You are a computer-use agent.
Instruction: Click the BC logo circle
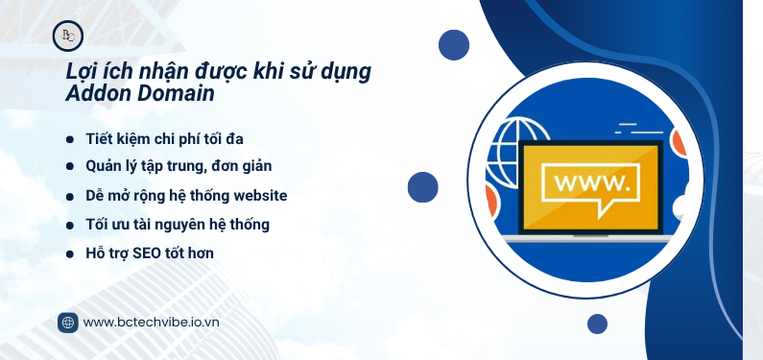click(x=68, y=36)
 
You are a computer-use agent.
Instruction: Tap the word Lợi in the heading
click(x=83, y=72)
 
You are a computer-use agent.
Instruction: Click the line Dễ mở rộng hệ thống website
click(x=185, y=196)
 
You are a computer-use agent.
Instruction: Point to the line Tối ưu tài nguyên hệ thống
click(x=177, y=225)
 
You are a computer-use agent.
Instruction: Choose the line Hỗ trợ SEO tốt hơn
click(x=149, y=253)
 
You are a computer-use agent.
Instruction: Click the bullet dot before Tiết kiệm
click(x=69, y=140)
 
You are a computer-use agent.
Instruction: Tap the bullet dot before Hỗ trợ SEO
click(x=69, y=254)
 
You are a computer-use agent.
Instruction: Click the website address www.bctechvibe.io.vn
click(x=152, y=323)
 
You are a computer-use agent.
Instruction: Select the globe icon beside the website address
click(x=68, y=323)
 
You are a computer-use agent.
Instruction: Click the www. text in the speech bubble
click(x=592, y=181)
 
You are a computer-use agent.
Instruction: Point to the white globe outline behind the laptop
click(x=518, y=134)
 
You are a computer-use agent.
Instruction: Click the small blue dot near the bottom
click(x=597, y=324)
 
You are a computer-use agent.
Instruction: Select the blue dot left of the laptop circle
click(x=422, y=186)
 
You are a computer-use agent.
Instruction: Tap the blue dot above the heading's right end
click(x=453, y=44)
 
